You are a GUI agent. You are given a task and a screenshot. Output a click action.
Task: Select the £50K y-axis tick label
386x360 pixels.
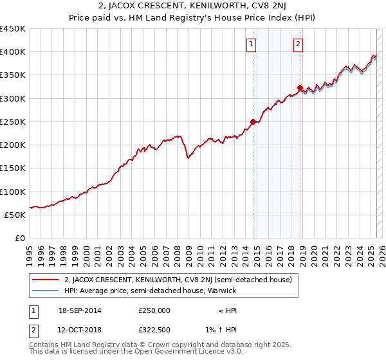click(x=15, y=215)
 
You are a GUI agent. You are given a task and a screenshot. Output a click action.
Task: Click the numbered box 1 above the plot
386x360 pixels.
click(x=250, y=44)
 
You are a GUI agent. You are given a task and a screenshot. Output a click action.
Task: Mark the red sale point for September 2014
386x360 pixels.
click(x=253, y=122)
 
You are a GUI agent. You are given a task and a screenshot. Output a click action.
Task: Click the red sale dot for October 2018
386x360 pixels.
click(x=300, y=88)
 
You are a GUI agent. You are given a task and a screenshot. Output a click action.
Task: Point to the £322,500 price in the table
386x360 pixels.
click(x=154, y=330)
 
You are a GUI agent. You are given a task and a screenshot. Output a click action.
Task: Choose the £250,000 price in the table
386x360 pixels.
click(x=154, y=310)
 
